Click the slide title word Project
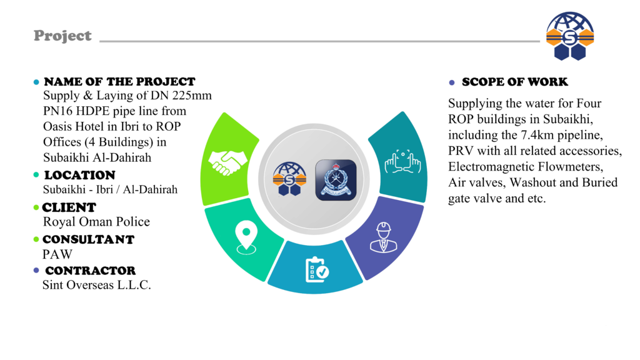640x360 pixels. pos(62,36)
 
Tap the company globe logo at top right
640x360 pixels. pos(569,36)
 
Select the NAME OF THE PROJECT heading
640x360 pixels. pos(119,82)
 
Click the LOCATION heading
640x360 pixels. pos(79,175)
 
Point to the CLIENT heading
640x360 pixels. pos(69,207)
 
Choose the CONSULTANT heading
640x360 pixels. pos(88,239)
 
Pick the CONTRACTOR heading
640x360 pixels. pos(90,271)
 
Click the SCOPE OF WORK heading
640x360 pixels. pos(514,82)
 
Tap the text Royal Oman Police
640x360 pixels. pos(96,222)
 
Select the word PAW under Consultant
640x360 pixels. pos(57,254)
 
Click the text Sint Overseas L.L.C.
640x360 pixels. pos(96,286)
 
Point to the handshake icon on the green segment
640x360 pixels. pos(226,162)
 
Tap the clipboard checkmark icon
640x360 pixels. pos(317,269)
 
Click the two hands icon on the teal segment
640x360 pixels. pos(403,162)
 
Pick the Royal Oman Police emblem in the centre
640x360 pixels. pos(336,180)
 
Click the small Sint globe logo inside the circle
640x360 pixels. pos(288,180)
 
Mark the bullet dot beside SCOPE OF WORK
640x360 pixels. pos(452,82)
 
